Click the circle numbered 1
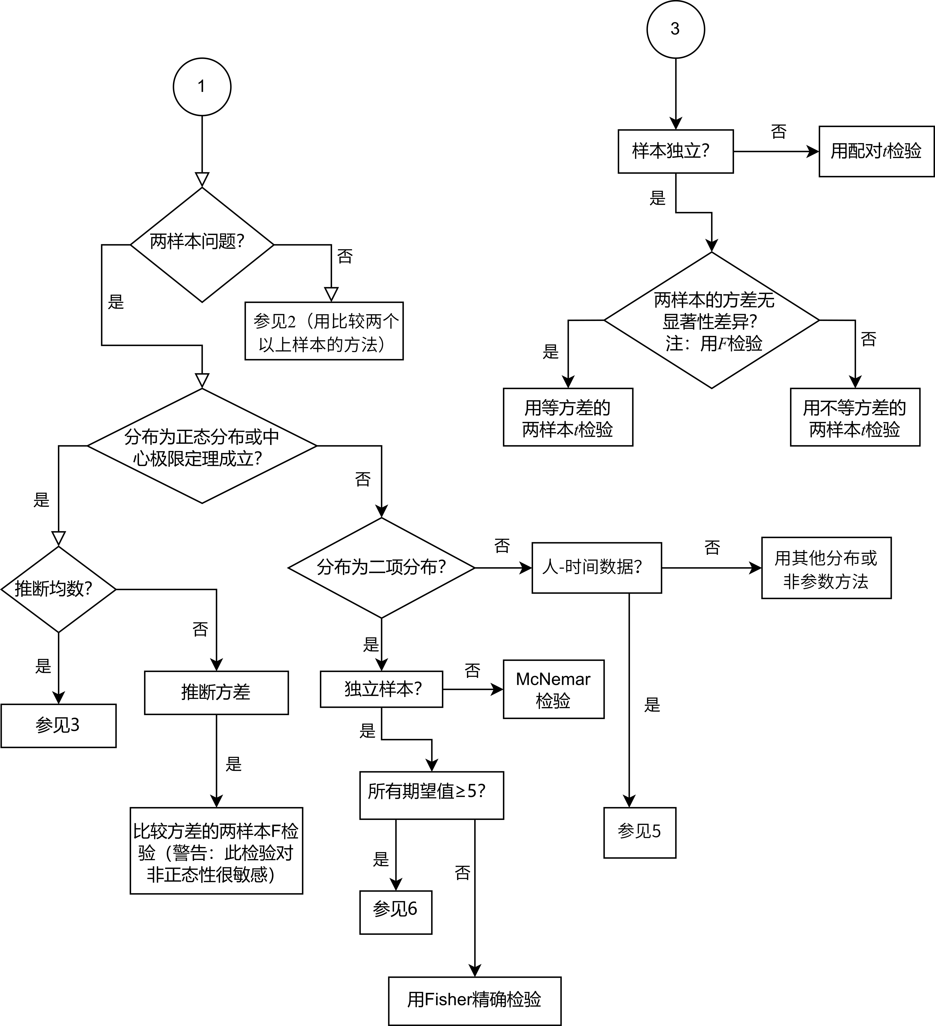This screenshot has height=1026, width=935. [x=202, y=87]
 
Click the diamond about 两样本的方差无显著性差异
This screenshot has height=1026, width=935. [x=711, y=320]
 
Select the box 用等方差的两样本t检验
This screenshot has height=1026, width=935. [x=568, y=417]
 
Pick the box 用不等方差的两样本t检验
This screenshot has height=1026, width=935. [x=855, y=417]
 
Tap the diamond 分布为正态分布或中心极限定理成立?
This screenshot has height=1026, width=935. [x=202, y=446]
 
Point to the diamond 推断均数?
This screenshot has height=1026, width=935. [x=59, y=589]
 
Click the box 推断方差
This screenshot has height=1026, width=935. [x=216, y=693]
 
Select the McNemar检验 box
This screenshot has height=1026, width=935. [x=554, y=689]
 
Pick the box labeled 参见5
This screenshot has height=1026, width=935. [x=639, y=833]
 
